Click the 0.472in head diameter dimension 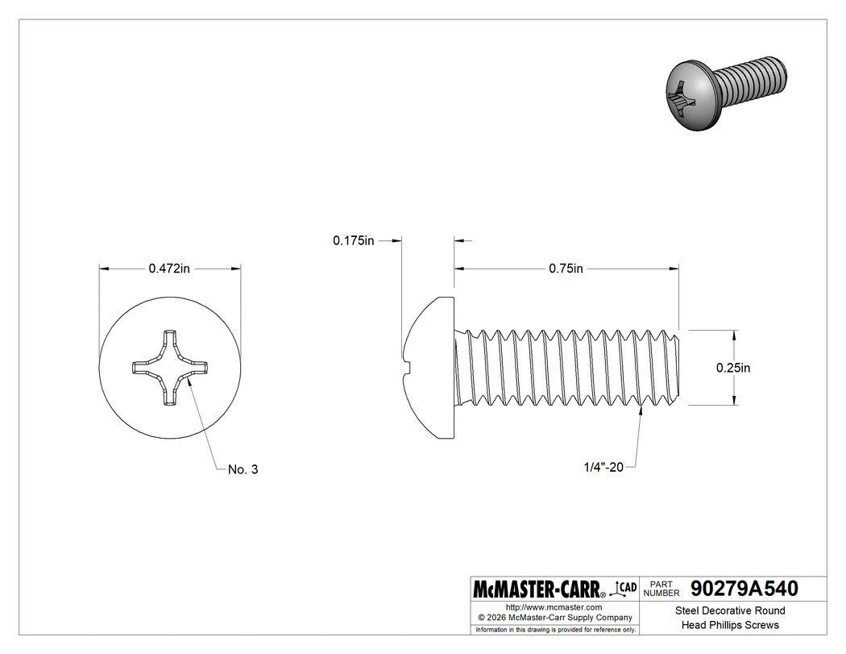point(169,269)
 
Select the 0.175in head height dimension point(354,240)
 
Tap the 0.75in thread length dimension point(566,269)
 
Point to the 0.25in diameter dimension point(733,368)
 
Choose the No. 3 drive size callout point(243,469)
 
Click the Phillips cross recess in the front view point(169,369)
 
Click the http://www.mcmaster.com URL point(554,606)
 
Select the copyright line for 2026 point(554,618)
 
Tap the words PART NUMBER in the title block point(662,589)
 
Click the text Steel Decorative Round point(729,610)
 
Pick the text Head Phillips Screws point(729,625)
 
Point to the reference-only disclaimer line point(554,629)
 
